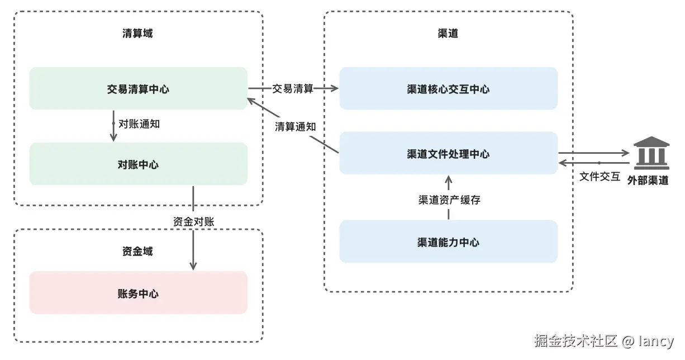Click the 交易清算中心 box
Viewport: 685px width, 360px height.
(x=138, y=88)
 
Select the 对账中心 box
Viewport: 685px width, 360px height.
(x=138, y=164)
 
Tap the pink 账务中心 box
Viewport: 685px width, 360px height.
(x=138, y=293)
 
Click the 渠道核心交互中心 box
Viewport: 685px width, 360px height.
(x=448, y=88)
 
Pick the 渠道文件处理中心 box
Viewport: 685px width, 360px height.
(x=448, y=153)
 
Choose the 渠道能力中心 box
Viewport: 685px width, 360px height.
(x=448, y=241)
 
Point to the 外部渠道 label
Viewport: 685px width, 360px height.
(x=648, y=180)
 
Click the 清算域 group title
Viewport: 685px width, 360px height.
(x=137, y=33)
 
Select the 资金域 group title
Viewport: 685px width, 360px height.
(x=137, y=251)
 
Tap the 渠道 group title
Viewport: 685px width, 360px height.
(x=448, y=33)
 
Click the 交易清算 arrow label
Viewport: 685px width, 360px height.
(x=293, y=88)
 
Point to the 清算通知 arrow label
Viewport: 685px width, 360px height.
(x=295, y=126)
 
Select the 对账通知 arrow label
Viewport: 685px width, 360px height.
(x=139, y=124)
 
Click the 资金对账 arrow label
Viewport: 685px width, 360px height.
(x=193, y=221)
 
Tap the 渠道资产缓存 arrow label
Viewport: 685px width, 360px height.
(x=449, y=200)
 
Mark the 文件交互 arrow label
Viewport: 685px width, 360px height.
(x=600, y=176)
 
